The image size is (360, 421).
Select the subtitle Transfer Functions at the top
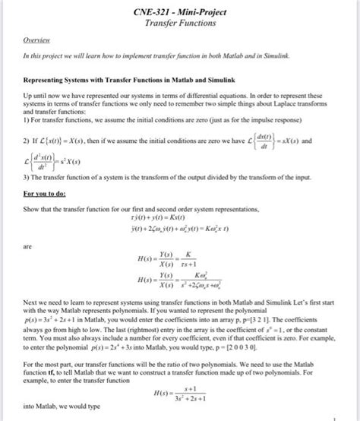tap(181, 24)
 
